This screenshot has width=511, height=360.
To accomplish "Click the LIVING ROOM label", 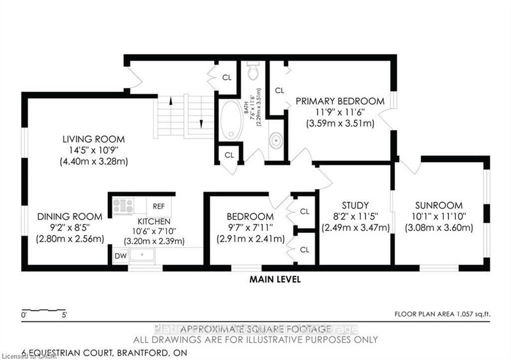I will click(93, 139).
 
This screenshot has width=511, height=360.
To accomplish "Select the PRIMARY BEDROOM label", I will click(340, 101).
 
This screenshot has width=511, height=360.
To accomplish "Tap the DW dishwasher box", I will click(120, 256).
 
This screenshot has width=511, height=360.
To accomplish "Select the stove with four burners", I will click(123, 206).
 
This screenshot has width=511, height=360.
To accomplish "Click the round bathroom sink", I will click(277, 140).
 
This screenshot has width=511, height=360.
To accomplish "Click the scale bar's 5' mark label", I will click(63, 315).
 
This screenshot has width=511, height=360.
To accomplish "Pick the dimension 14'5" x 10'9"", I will click(93, 150).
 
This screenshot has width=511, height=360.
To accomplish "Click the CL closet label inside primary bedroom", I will click(279, 91).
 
